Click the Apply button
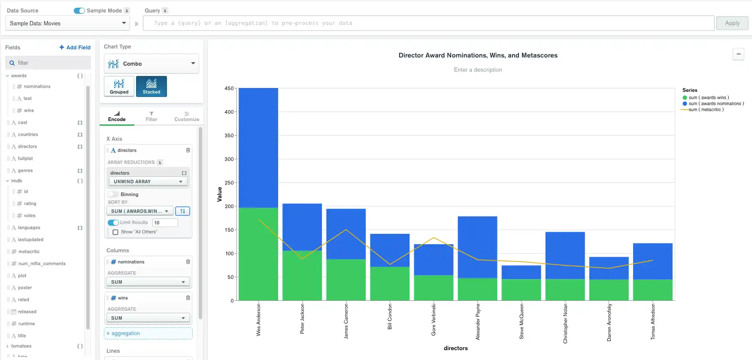coord(732,23)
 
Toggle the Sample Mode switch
coord(79,11)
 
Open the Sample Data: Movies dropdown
coord(67,23)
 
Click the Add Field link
coord(75,48)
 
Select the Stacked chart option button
coord(152,86)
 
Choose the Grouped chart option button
coord(119,86)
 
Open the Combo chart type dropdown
coord(152,64)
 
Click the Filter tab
coord(152,117)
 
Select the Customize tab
coord(187,117)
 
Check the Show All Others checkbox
coord(115,232)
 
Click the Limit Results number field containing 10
coord(165,223)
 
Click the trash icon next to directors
coord(188,150)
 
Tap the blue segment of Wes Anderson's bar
coord(258,146)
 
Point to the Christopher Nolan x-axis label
coord(565,323)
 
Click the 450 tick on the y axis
coord(229,88)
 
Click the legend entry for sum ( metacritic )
coord(706,110)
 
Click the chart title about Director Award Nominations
coord(478,55)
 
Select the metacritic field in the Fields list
coord(29,252)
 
